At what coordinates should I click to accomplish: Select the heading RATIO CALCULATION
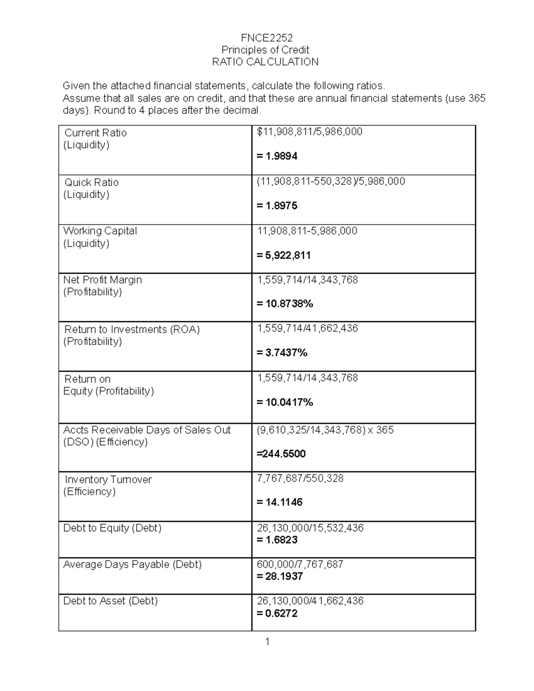tap(265, 62)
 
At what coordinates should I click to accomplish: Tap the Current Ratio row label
tap(95, 133)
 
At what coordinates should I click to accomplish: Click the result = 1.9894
tap(277, 156)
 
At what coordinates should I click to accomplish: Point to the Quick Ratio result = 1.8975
tap(277, 206)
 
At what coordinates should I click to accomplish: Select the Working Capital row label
tap(100, 231)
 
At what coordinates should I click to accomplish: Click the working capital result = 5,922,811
tap(283, 255)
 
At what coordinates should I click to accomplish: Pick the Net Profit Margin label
tap(102, 280)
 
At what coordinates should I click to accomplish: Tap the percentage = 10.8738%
tap(285, 304)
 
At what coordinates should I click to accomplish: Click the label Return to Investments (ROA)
tap(132, 330)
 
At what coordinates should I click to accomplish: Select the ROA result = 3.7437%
tap(282, 353)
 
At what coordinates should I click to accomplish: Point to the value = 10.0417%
tap(285, 403)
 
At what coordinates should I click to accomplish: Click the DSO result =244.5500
tap(281, 454)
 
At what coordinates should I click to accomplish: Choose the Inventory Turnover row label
tap(108, 480)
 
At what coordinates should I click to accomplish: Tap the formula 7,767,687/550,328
tap(300, 479)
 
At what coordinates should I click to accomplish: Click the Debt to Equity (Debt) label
tap(112, 528)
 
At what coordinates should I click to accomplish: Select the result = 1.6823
tap(277, 540)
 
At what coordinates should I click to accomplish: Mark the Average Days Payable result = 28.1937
tap(279, 577)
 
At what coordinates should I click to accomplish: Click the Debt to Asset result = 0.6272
tap(277, 614)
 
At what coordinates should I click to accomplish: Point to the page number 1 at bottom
tap(267, 642)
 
